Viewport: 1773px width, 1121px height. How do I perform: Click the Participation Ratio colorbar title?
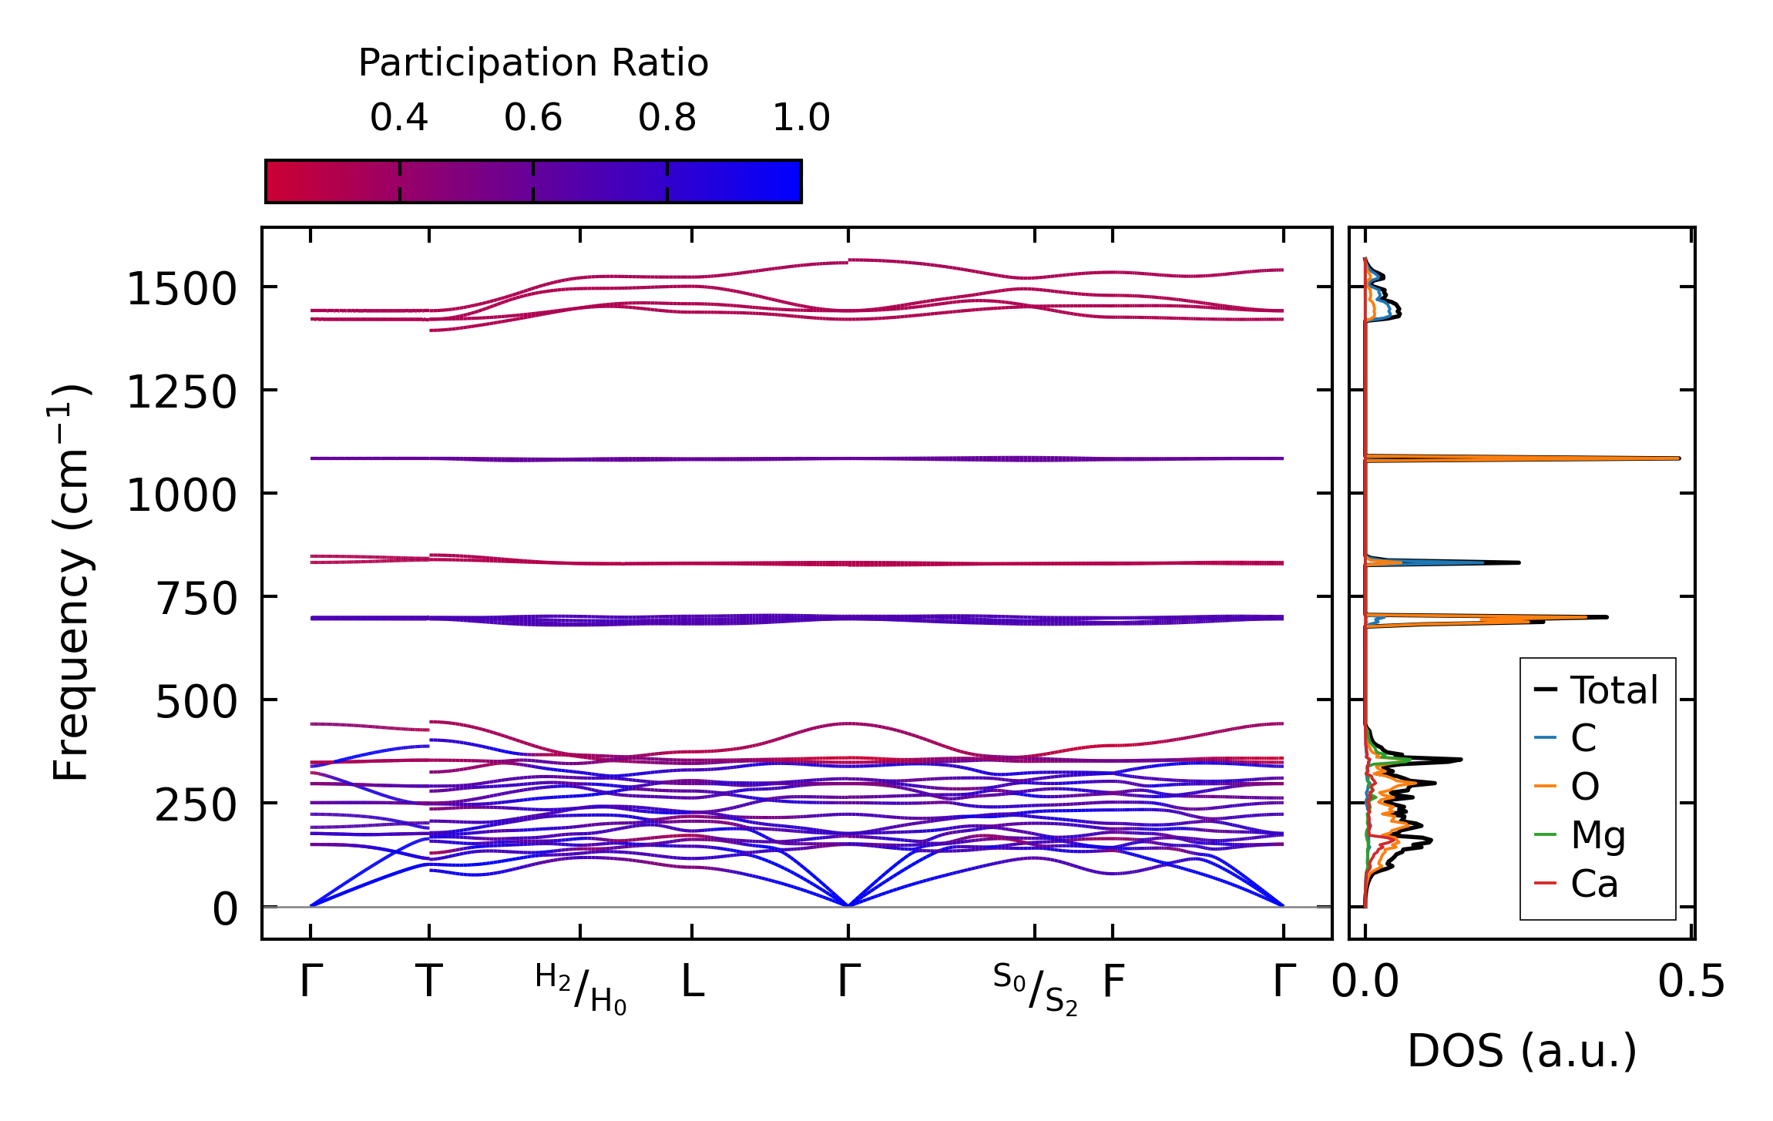(533, 63)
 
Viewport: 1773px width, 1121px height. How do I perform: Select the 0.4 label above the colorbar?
(398, 118)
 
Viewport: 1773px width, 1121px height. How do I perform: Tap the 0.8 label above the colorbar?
(667, 118)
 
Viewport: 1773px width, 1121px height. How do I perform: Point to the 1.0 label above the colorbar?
(801, 118)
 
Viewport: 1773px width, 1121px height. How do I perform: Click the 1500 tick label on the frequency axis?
(181, 290)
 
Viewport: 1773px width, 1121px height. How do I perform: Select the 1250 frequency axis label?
(181, 393)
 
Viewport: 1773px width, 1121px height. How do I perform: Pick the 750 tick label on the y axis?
(196, 599)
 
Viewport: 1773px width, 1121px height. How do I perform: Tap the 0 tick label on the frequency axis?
(225, 909)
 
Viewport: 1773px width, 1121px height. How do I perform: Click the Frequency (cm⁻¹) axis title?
(71, 582)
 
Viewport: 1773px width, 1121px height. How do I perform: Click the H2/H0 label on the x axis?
(581, 989)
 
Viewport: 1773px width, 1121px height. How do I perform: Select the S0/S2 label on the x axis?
(1035, 989)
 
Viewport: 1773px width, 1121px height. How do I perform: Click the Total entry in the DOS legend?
(1613, 690)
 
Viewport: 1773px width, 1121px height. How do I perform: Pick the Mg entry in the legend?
(1598, 835)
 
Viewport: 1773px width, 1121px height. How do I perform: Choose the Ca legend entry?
(1594, 884)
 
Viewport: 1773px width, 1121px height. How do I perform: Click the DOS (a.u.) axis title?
(1522, 1051)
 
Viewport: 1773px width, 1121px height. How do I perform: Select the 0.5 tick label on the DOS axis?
(1691, 983)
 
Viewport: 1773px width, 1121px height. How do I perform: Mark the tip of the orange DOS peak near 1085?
(1678, 458)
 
